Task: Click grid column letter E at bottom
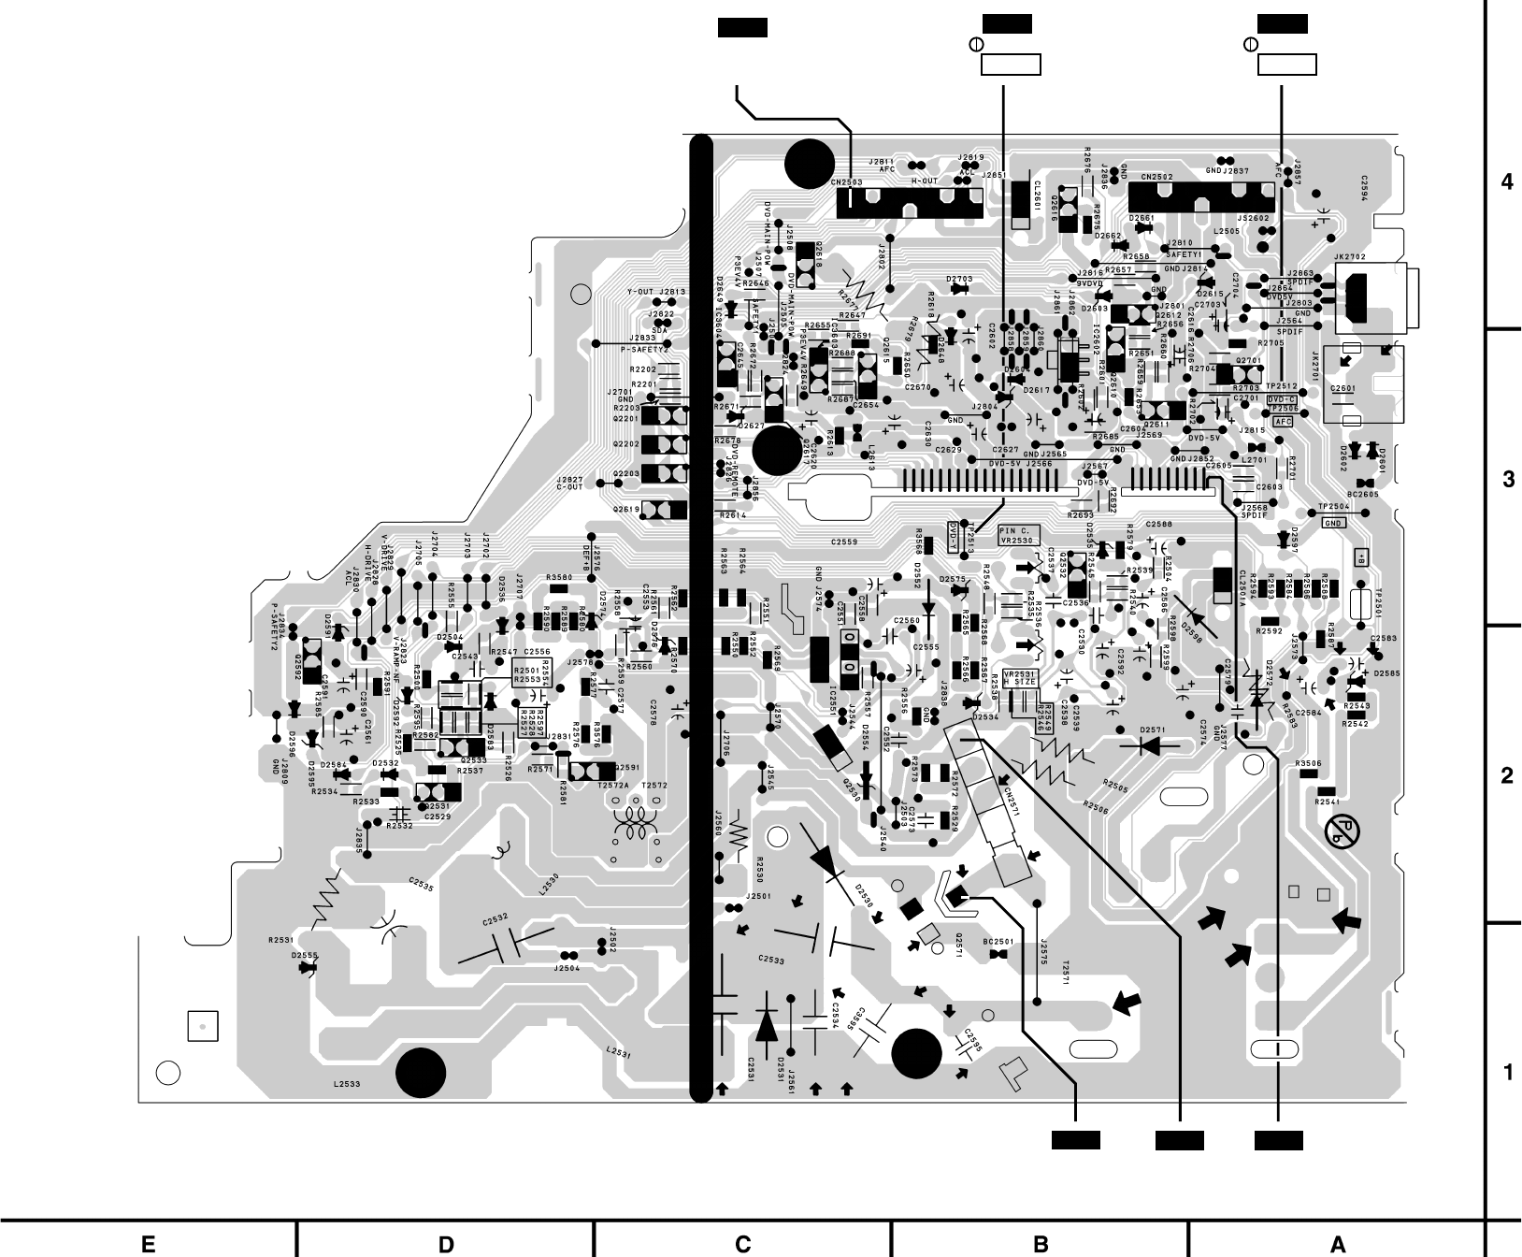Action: pyautogui.click(x=148, y=1244)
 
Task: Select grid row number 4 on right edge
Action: pyautogui.click(x=1505, y=181)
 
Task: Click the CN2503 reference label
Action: pyautogui.click(x=847, y=182)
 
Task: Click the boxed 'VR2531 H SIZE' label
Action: pyautogui.click(x=1018, y=678)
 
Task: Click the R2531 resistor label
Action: pyautogui.click(x=280, y=939)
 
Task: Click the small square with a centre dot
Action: pyautogui.click(x=202, y=1026)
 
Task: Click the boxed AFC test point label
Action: pyautogui.click(x=1283, y=422)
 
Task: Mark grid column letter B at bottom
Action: pyautogui.click(x=1040, y=1244)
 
